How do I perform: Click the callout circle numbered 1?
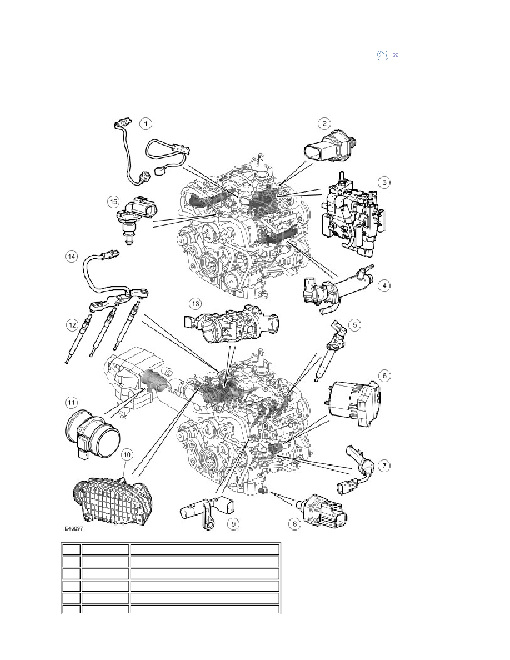[x=146, y=124]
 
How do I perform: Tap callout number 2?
[x=324, y=123]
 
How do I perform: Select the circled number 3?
[x=384, y=183]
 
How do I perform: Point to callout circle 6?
[x=384, y=376]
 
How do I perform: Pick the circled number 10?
[x=127, y=454]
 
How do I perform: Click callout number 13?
[x=195, y=303]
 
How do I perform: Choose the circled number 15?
[x=113, y=202]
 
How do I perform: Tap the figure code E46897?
[x=73, y=529]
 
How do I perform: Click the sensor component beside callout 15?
[x=136, y=219]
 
